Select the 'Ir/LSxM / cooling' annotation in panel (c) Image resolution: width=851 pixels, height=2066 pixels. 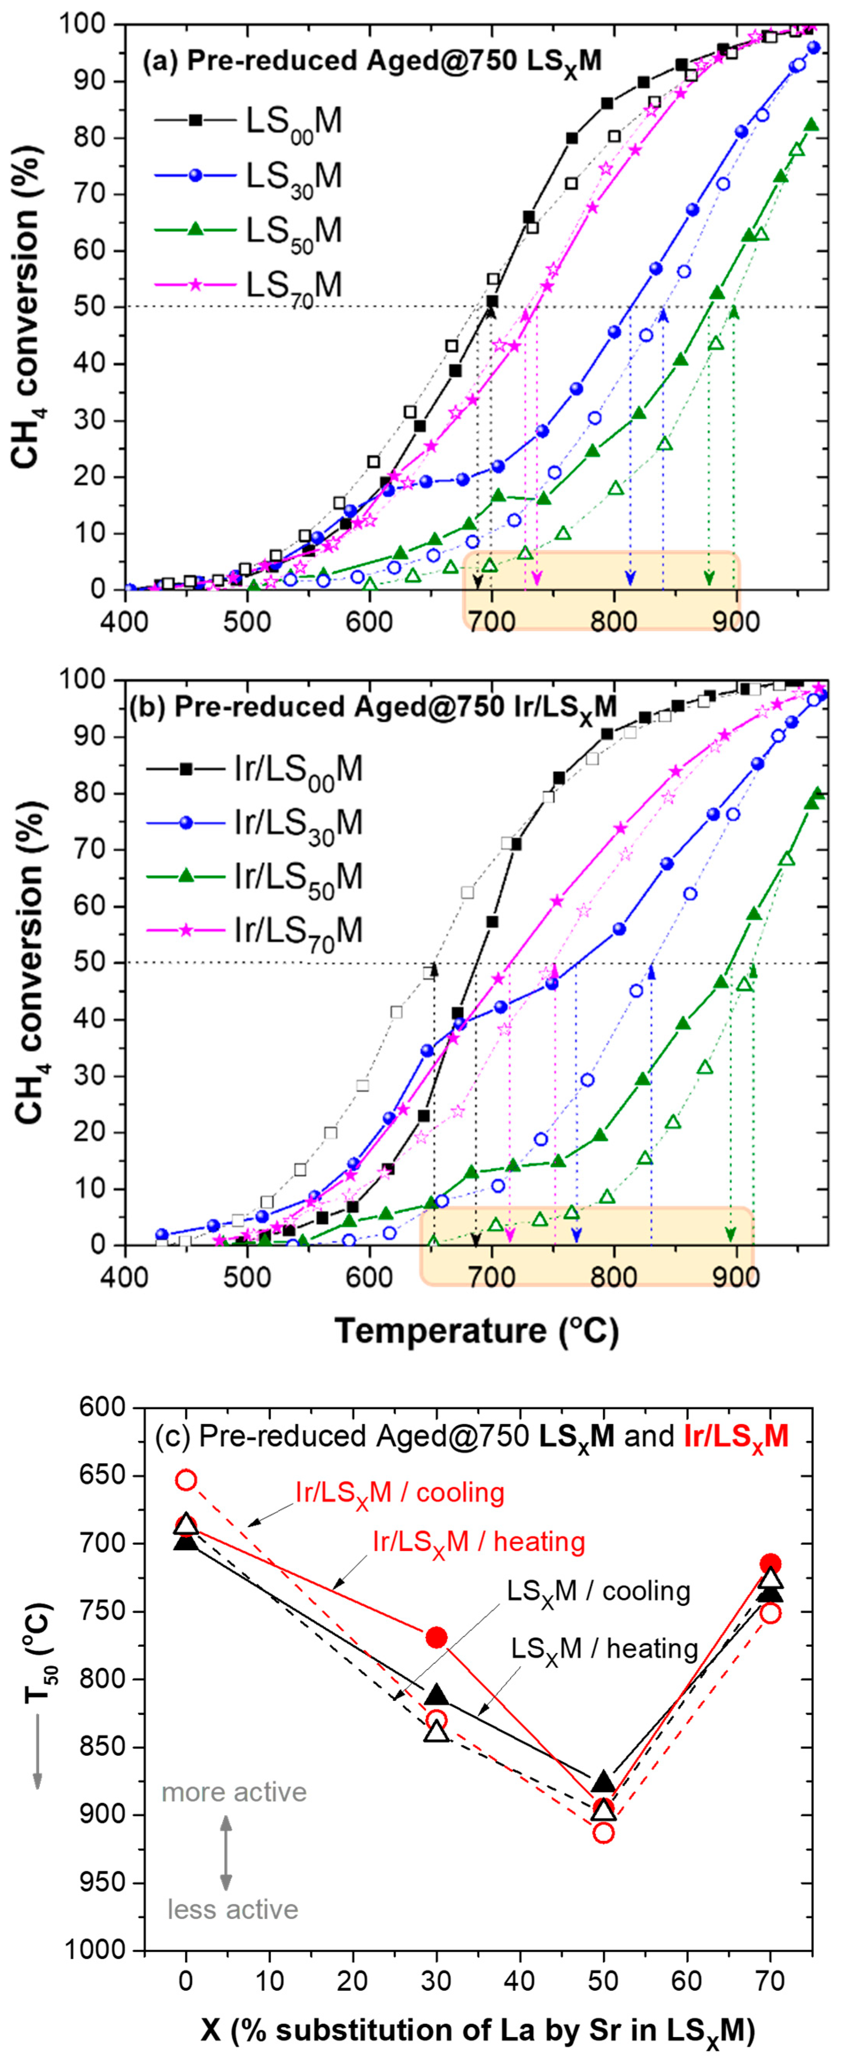click(x=399, y=1492)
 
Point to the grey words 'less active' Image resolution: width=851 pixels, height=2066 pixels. click(x=232, y=1910)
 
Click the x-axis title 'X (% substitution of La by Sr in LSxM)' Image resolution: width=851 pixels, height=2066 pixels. click(x=477, y=2030)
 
